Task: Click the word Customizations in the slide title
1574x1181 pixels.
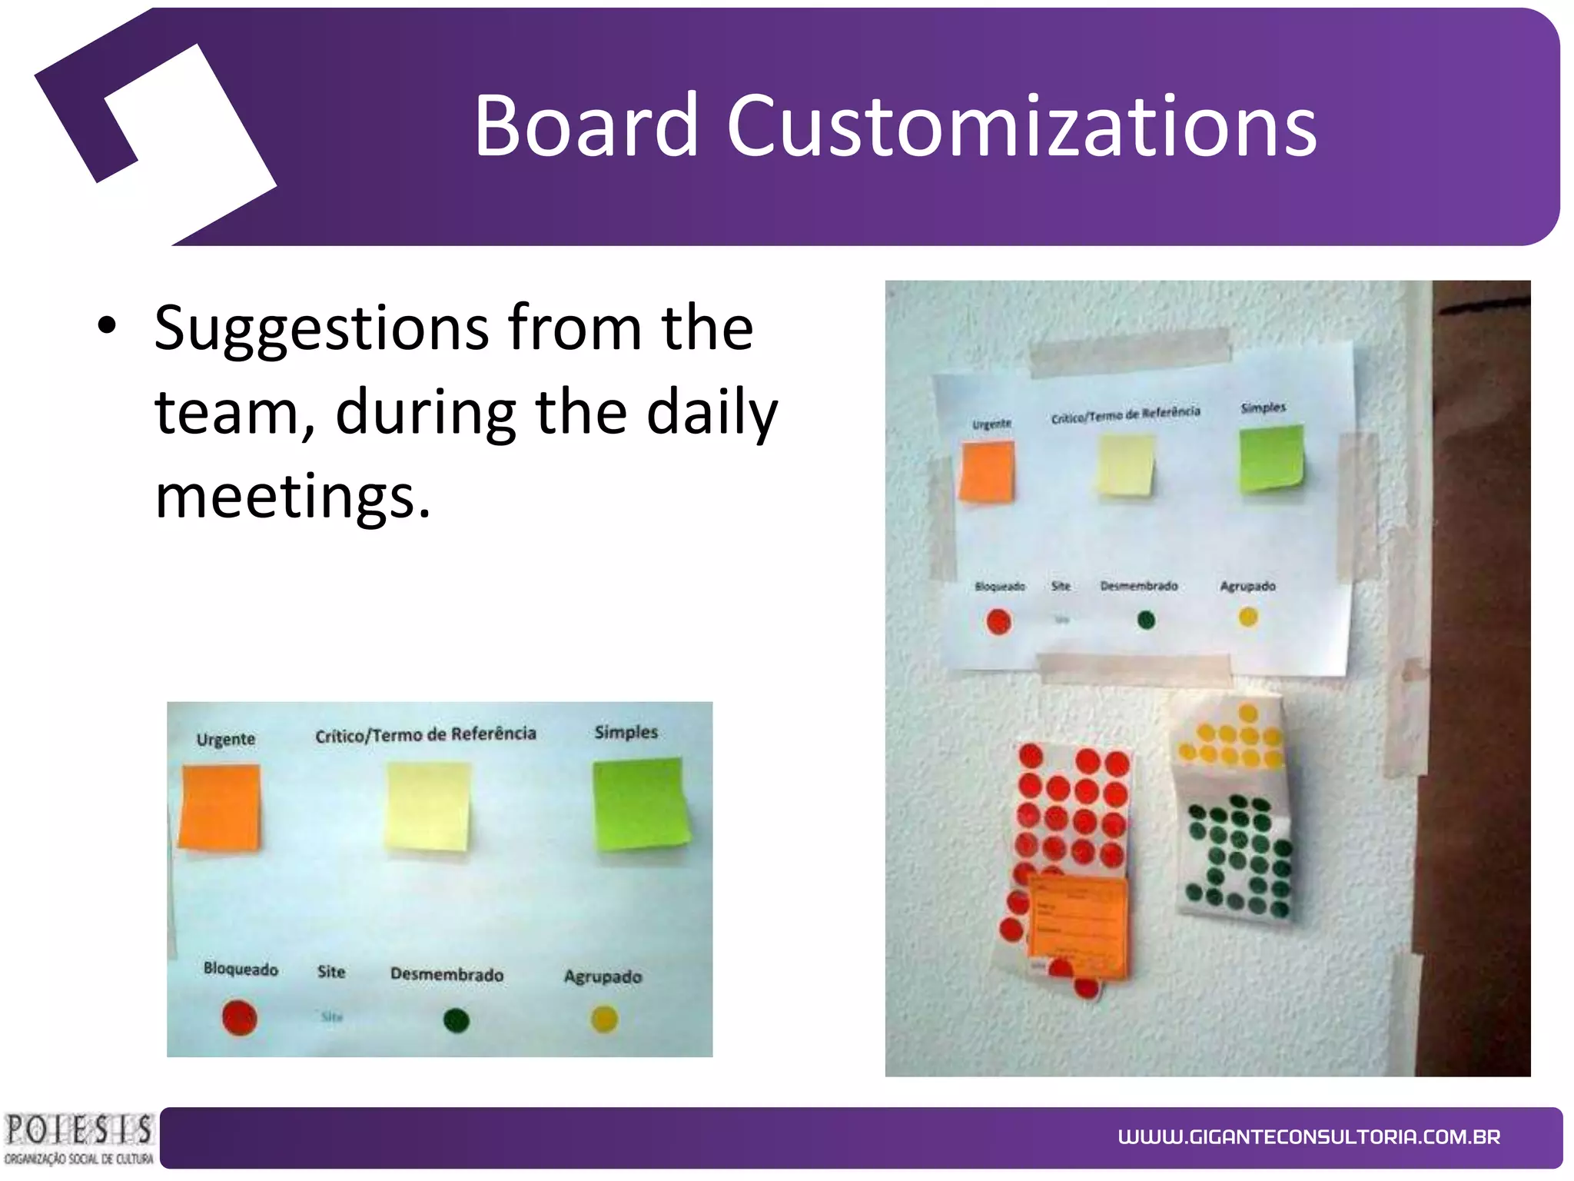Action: click(1021, 125)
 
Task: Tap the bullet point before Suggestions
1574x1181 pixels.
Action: click(107, 328)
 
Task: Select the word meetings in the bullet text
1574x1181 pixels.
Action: click(292, 496)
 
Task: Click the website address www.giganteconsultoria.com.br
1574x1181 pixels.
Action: click(1308, 1136)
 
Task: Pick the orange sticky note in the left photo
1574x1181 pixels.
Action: click(220, 807)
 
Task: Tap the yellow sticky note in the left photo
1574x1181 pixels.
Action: click(428, 807)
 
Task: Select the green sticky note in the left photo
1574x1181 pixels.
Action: click(639, 803)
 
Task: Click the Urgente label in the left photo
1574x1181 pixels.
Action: click(225, 740)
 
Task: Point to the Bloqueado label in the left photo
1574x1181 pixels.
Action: click(241, 969)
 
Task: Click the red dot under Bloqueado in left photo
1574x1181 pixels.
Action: click(239, 1017)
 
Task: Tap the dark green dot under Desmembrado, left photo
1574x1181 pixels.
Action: click(456, 1020)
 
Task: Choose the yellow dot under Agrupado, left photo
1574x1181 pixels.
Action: click(604, 1019)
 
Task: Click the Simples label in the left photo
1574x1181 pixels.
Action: click(626, 732)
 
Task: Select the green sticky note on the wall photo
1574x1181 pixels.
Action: click(1270, 458)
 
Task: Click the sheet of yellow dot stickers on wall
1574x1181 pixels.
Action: click(1230, 738)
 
